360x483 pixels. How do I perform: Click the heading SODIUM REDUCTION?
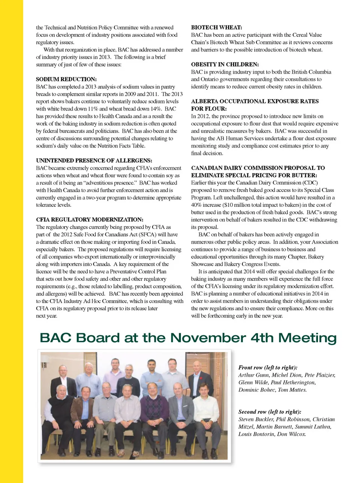[x=66, y=79]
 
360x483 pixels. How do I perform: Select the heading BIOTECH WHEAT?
[x=216, y=27]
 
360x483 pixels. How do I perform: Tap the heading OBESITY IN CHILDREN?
[x=225, y=65]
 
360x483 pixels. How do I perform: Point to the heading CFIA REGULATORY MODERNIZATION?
[x=89, y=220]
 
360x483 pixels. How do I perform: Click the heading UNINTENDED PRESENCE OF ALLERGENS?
[x=94, y=161]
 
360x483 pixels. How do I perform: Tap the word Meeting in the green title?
[x=307, y=339]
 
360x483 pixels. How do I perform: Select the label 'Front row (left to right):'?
[x=268, y=368]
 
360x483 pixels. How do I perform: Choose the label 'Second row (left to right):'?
[x=270, y=412]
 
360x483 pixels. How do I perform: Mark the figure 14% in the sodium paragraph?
[x=155, y=109]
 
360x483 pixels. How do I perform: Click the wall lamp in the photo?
[x=44, y=365]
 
